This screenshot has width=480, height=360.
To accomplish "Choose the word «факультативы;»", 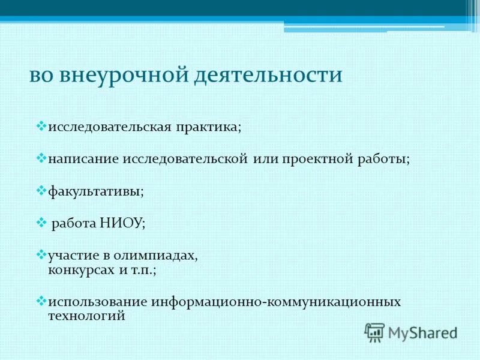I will coord(95,192).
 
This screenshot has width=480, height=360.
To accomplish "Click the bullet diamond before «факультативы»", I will coord(41,190).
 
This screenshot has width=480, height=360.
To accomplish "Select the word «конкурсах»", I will coord(80,270).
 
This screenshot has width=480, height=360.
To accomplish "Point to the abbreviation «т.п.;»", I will coord(143,270).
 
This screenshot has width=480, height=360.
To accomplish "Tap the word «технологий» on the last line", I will coord(86,316).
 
